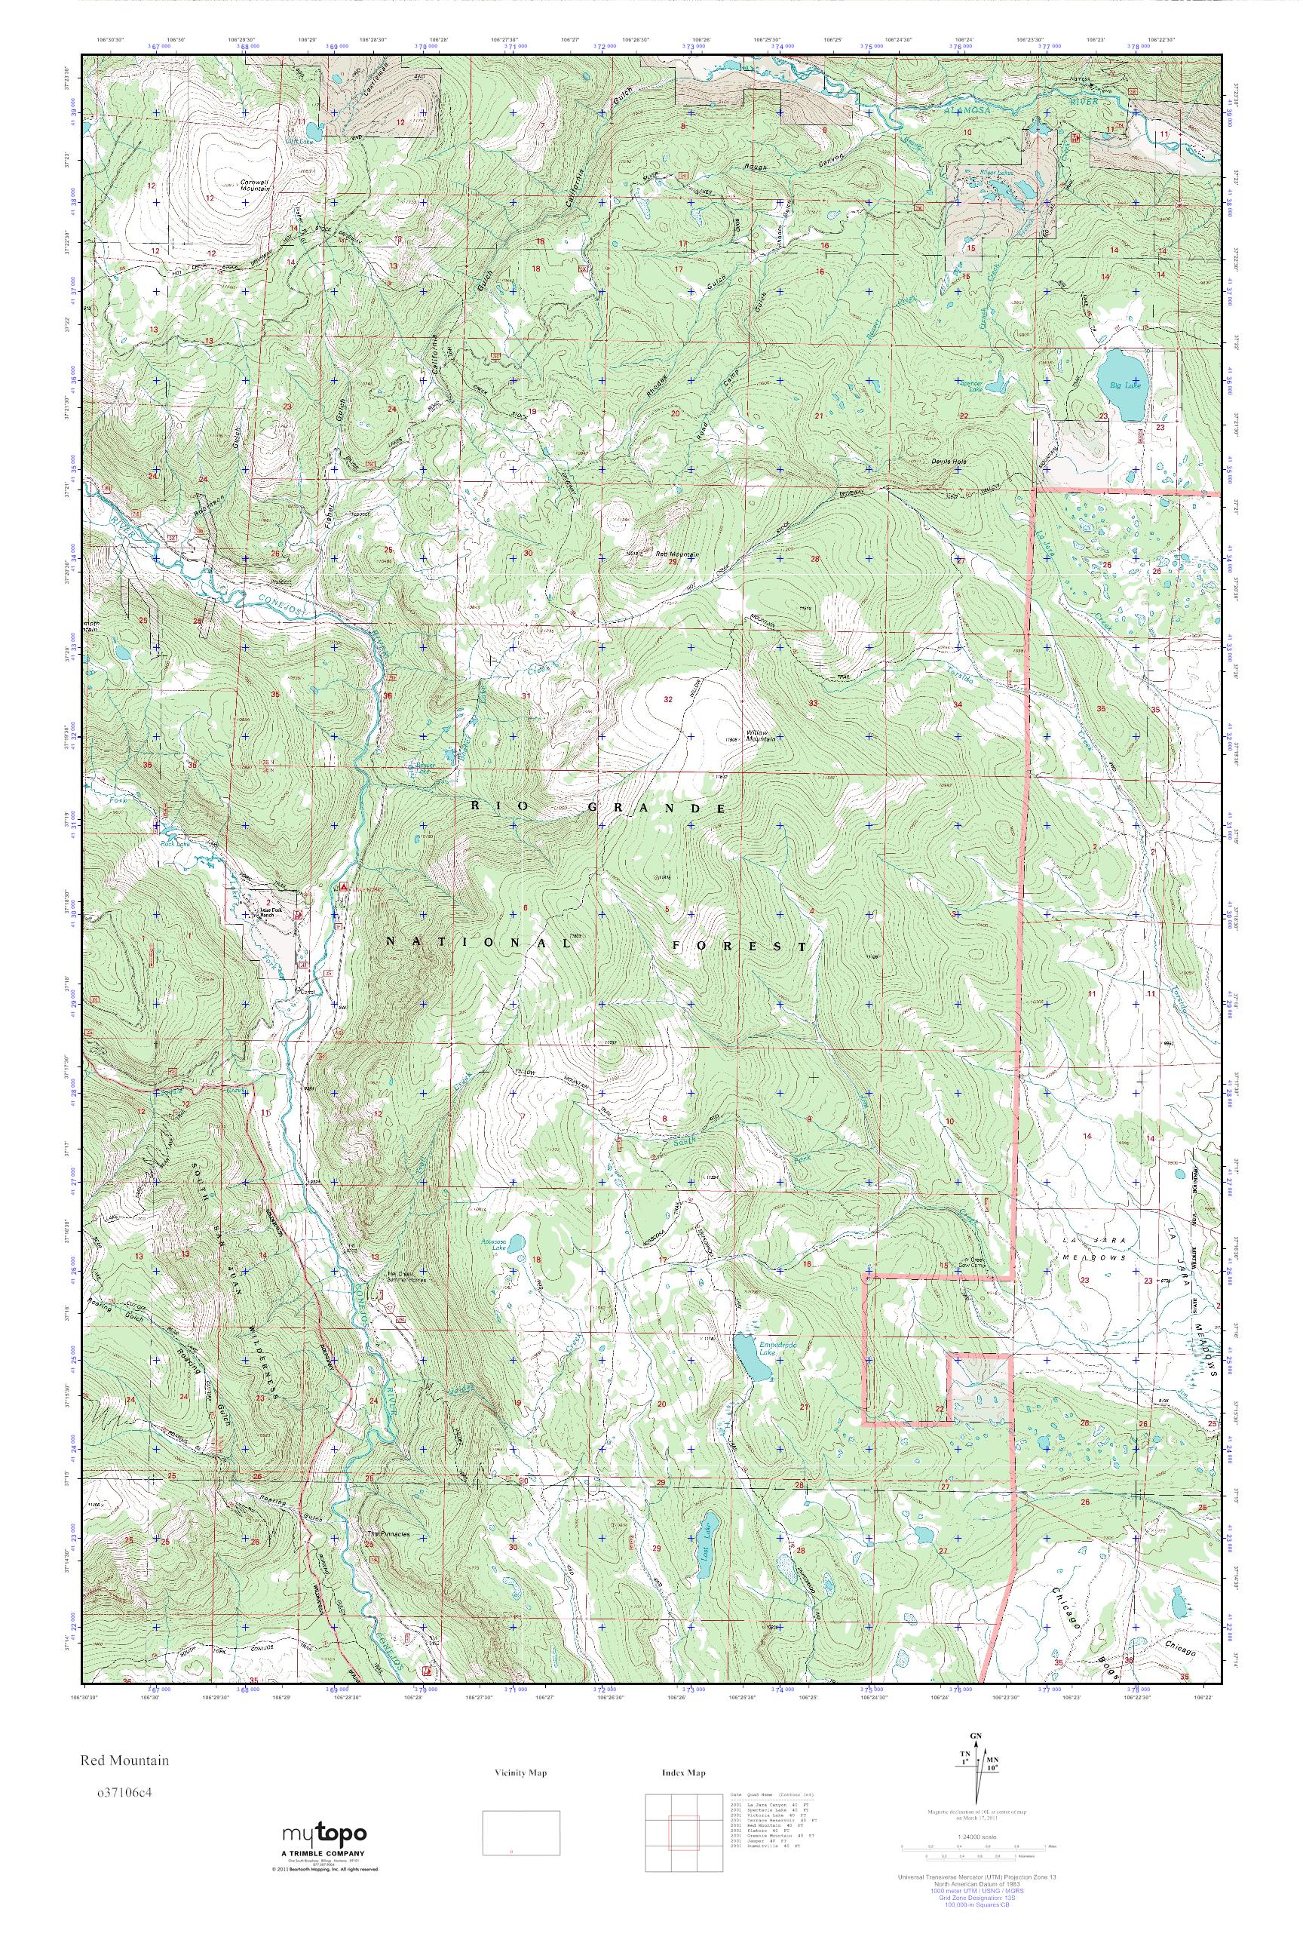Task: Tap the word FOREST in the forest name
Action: pos(739,946)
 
